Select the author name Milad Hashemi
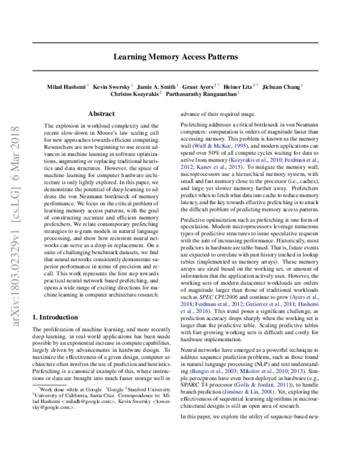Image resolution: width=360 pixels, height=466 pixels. (x=67, y=86)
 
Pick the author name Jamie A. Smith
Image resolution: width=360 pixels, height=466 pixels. (x=160, y=86)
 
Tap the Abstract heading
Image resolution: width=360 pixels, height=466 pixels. (x=101, y=113)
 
